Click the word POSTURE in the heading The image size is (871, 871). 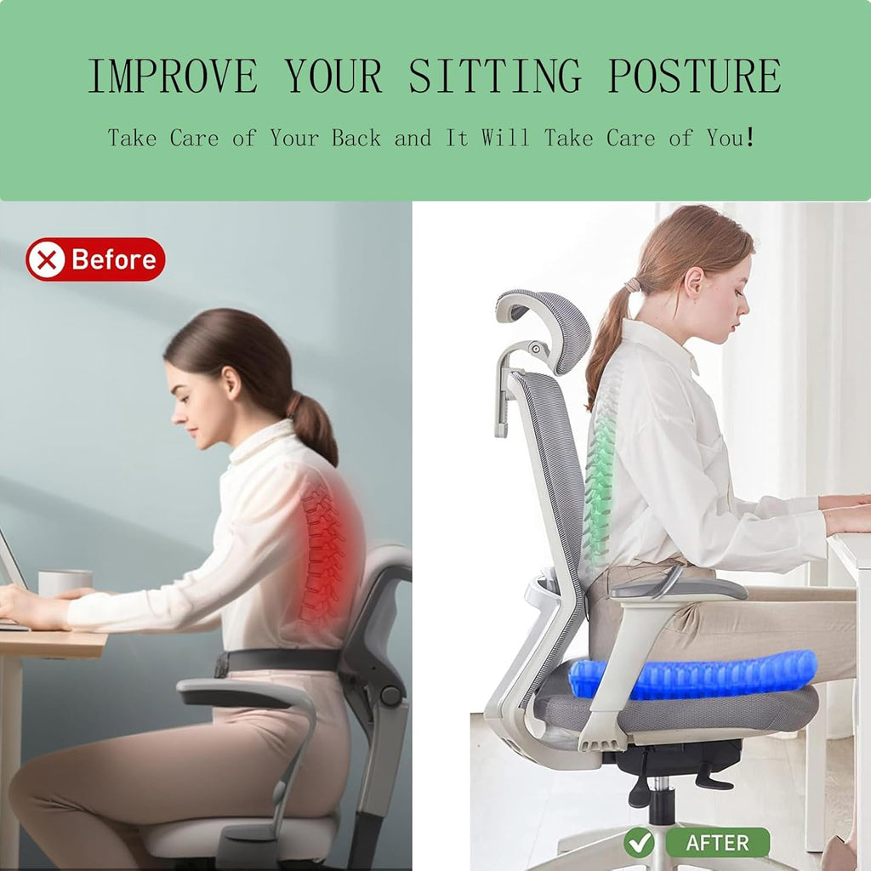click(694, 77)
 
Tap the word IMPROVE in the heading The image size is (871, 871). click(173, 77)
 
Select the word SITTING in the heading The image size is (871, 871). click(495, 77)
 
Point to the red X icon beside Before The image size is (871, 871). click(46, 259)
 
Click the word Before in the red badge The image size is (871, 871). click(114, 259)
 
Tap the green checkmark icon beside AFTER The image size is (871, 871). click(638, 842)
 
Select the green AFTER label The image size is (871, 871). click(716, 842)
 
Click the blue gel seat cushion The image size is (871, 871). click(693, 674)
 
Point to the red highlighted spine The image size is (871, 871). click(326, 553)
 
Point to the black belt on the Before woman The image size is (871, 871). click(281, 659)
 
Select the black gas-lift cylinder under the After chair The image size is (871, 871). click(661, 804)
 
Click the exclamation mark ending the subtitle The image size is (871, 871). click(749, 138)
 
